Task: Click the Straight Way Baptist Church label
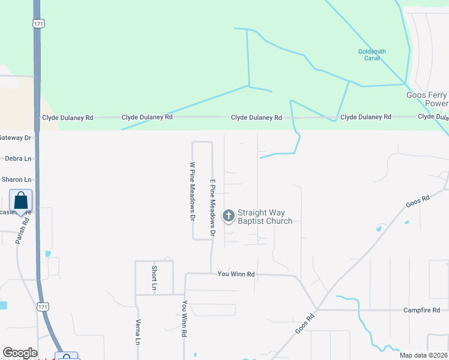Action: [x=265, y=217]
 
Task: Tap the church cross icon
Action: [x=228, y=215]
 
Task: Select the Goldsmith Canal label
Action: [x=372, y=55]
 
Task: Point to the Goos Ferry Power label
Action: [x=427, y=100]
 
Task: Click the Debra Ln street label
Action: [x=18, y=158]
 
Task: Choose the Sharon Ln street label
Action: [x=16, y=179]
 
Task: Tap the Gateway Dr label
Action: [x=15, y=137]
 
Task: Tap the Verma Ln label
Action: [x=137, y=332]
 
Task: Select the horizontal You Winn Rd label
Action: [x=236, y=274]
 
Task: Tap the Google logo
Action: [x=20, y=353]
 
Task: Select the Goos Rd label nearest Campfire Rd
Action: [x=305, y=325]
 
